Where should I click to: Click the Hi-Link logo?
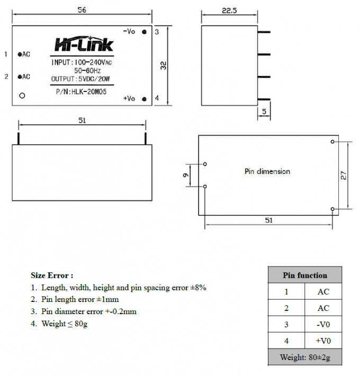[x=84, y=44]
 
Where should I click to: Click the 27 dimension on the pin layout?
[x=343, y=175]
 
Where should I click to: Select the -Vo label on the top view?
[x=129, y=32]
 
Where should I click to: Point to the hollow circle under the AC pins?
[x=22, y=96]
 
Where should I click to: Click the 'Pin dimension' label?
[x=267, y=171]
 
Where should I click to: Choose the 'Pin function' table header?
[x=304, y=275]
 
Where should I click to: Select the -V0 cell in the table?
[x=323, y=324]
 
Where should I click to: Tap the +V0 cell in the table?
[x=323, y=341]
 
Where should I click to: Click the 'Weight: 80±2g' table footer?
[x=304, y=357]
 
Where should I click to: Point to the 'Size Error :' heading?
[x=52, y=275]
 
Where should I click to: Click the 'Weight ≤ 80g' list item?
[x=64, y=323]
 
